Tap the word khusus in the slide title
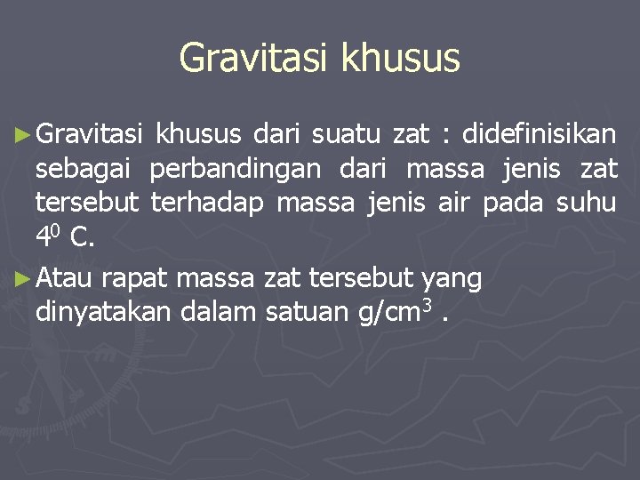coord(401,59)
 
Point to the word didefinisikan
coord(540,135)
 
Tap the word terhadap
coord(208,204)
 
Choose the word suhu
coord(586,204)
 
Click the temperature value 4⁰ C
coord(68,237)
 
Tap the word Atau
coord(66,279)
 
